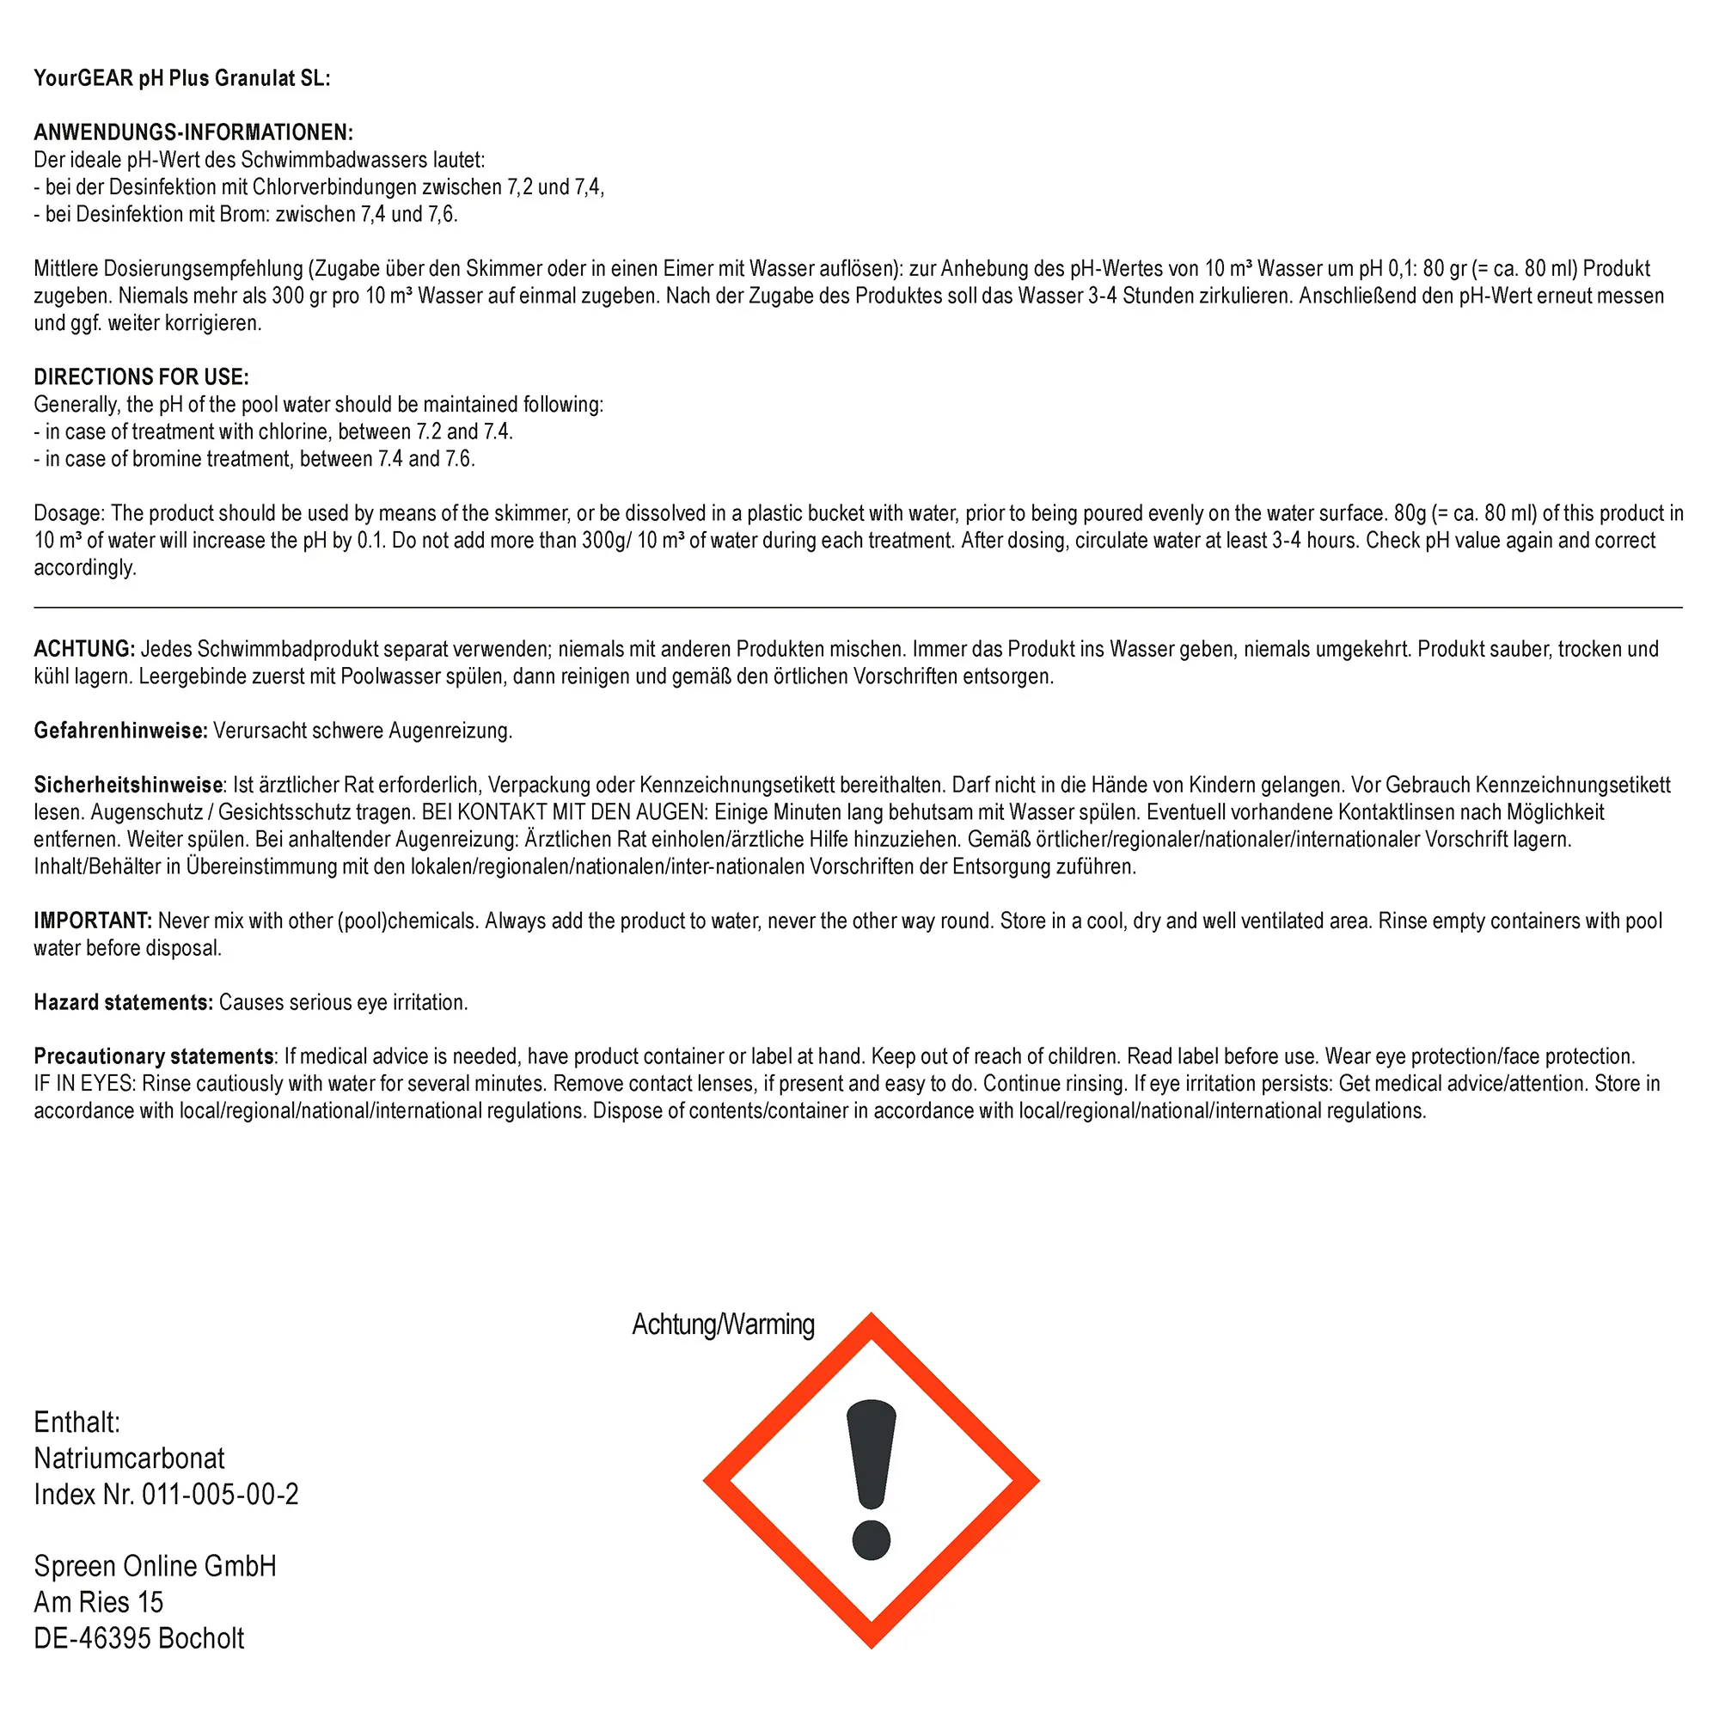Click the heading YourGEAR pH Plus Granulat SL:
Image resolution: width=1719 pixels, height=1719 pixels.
pos(181,78)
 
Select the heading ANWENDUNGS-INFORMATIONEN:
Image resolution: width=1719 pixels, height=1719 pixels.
pos(193,132)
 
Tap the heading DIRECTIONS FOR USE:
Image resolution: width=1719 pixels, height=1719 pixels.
pos(142,377)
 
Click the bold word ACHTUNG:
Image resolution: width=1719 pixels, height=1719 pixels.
pos(84,649)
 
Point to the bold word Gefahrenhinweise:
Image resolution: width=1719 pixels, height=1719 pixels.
pos(121,731)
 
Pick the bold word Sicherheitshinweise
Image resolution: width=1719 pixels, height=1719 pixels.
pos(128,785)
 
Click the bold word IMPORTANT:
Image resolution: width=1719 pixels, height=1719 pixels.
pos(94,921)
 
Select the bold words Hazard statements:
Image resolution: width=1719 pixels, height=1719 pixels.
pos(124,1003)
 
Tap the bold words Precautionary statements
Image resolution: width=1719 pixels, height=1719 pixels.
pos(154,1057)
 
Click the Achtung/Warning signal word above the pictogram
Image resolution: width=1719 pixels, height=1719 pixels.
pos(723,1324)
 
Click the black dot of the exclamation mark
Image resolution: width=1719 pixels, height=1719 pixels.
pos(871,1540)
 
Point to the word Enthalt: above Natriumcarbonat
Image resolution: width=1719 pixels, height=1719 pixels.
pos(76,1422)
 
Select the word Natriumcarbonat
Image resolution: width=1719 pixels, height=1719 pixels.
pos(129,1459)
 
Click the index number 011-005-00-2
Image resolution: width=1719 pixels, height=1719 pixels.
pos(221,1494)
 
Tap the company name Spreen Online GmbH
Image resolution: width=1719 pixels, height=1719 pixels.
pos(155,1566)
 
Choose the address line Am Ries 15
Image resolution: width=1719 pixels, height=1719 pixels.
pos(99,1602)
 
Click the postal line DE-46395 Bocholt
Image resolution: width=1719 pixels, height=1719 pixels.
pos(138,1638)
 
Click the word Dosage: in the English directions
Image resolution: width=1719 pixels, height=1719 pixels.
pos(70,513)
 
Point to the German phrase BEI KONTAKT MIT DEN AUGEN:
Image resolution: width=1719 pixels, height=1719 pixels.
pos(565,812)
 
